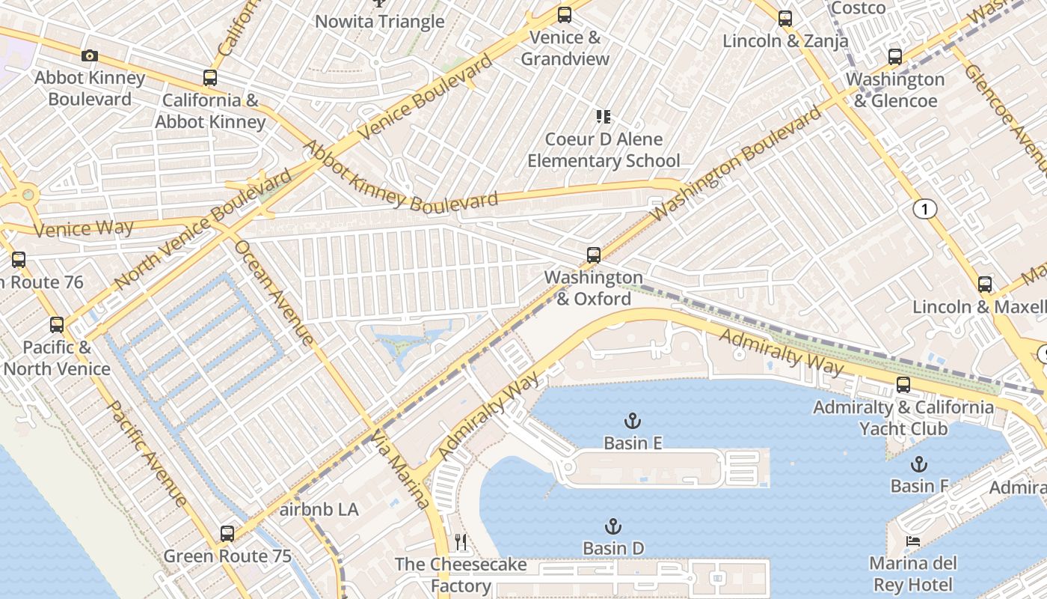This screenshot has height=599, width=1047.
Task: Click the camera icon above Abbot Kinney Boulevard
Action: pyautogui.click(x=90, y=56)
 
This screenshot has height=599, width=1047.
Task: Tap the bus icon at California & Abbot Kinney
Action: pyautogui.click(x=210, y=78)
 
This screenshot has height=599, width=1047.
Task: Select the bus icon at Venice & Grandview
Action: pyautogui.click(x=565, y=15)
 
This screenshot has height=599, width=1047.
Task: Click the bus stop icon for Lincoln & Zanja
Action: pyautogui.click(x=785, y=19)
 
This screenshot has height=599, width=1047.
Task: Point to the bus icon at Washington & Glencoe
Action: pyautogui.click(x=895, y=57)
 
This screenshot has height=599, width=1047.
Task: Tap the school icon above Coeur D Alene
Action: pyautogui.click(x=604, y=117)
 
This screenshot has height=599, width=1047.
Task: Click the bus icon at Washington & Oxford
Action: pyautogui.click(x=594, y=255)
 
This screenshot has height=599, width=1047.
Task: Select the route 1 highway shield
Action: pyautogui.click(x=925, y=210)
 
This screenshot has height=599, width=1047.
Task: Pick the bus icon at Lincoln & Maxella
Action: pyautogui.click(x=985, y=285)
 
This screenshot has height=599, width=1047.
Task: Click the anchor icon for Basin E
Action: pyautogui.click(x=633, y=421)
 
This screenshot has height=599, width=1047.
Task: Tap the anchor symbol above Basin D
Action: pyautogui.click(x=613, y=526)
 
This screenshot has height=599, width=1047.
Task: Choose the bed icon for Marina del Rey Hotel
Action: pyautogui.click(x=912, y=541)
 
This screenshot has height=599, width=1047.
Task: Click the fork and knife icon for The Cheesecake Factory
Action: pyautogui.click(x=461, y=541)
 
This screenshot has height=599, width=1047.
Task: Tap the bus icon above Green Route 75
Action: pyautogui.click(x=227, y=534)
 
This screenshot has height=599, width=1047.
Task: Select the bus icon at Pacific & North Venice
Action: pyautogui.click(x=57, y=325)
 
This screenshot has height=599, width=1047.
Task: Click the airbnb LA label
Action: pyautogui.click(x=319, y=510)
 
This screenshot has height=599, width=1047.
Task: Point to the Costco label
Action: pyautogui.click(x=859, y=8)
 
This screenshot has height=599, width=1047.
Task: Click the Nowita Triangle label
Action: pyautogui.click(x=379, y=22)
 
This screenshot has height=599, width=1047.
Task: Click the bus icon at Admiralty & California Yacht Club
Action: pyautogui.click(x=903, y=386)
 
